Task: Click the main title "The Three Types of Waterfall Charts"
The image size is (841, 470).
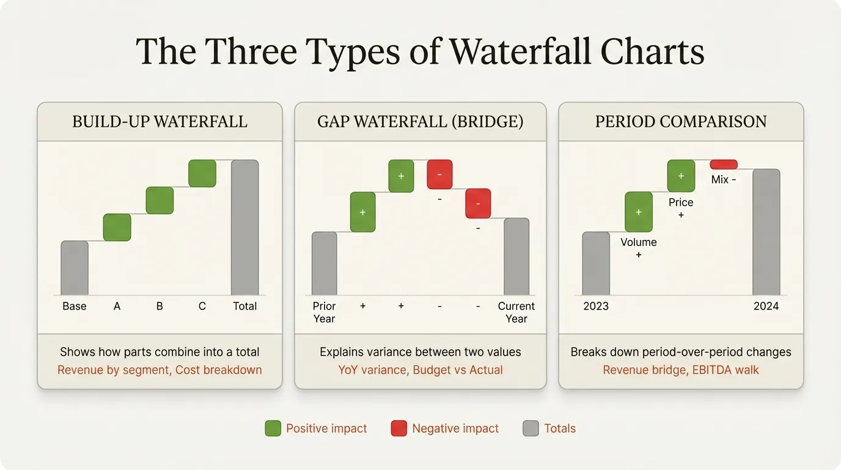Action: (420, 51)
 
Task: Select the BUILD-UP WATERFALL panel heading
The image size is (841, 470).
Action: (160, 122)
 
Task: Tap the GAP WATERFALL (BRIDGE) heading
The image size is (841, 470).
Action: (420, 122)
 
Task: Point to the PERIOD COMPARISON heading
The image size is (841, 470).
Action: (681, 122)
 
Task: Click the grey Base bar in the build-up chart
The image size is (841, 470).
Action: (75, 268)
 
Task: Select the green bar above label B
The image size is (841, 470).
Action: (160, 200)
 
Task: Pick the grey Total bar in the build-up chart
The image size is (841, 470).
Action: (244, 228)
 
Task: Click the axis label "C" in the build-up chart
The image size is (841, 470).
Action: (202, 306)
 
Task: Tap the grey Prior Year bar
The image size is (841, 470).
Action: (325, 264)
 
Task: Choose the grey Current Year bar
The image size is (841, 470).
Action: (516, 257)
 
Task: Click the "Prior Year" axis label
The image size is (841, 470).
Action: (325, 312)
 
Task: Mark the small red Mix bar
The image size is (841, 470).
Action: (724, 164)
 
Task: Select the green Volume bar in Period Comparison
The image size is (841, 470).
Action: (639, 212)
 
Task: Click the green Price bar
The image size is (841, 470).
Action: (681, 176)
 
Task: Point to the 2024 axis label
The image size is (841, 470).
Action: (766, 306)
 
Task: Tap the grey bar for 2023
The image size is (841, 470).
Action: (596, 264)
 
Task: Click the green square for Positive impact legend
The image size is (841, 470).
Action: (273, 428)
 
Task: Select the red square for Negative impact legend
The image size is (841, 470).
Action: (398, 428)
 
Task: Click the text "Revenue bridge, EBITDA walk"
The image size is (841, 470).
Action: (681, 370)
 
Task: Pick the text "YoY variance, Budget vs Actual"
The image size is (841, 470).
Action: (420, 370)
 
